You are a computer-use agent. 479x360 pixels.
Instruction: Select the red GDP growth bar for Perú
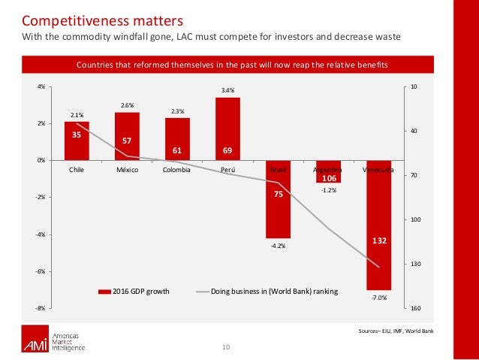click(227, 129)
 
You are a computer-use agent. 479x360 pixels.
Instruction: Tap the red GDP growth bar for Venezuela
click(378, 225)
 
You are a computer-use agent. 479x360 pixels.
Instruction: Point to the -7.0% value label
click(378, 298)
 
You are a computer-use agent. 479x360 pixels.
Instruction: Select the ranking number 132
click(378, 241)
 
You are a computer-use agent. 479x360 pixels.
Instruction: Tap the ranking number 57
click(127, 141)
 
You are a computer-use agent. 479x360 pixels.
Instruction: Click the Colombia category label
click(176, 171)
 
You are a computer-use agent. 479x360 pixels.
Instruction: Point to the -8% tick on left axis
click(41, 308)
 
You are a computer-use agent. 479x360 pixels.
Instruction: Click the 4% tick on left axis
click(41, 87)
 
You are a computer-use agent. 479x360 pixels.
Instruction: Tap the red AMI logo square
click(34, 341)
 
